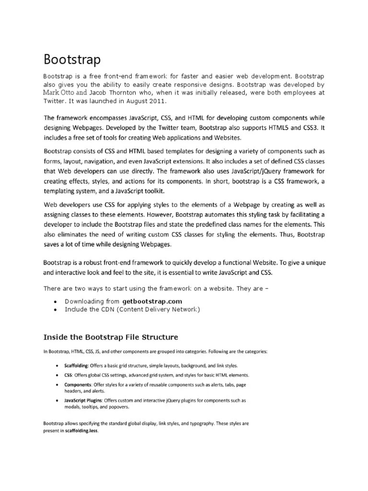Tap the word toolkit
point(153,191)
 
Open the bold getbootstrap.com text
point(152,301)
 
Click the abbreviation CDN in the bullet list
point(104,310)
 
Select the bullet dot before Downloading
point(56,302)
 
